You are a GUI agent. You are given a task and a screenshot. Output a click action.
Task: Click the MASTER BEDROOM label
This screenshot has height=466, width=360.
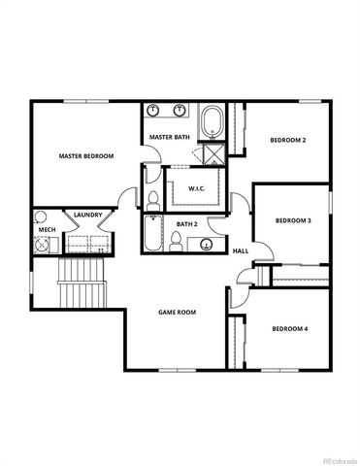tap(85, 156)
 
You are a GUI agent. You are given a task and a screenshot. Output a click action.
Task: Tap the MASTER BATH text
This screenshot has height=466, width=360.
tap(169, 138)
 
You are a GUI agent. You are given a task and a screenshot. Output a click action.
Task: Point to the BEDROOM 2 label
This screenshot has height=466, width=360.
tap(287, 141)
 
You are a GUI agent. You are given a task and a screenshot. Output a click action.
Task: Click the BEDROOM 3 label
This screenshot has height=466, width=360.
tap(292, 220)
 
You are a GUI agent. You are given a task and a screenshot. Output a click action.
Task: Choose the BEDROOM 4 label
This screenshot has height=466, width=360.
tap(289, 329)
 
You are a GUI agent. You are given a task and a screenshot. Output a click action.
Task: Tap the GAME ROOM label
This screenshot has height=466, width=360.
tap(178, 312)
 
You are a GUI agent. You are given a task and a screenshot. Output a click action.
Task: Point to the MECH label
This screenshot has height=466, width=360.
tap(46, 231)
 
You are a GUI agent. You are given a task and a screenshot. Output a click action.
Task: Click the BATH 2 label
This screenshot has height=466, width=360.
tap(187, 224)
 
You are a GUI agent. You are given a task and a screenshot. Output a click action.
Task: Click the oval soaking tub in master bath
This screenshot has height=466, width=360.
tap(212, 123)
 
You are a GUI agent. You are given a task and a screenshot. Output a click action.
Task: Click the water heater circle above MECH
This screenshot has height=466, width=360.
tap(41, 216)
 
